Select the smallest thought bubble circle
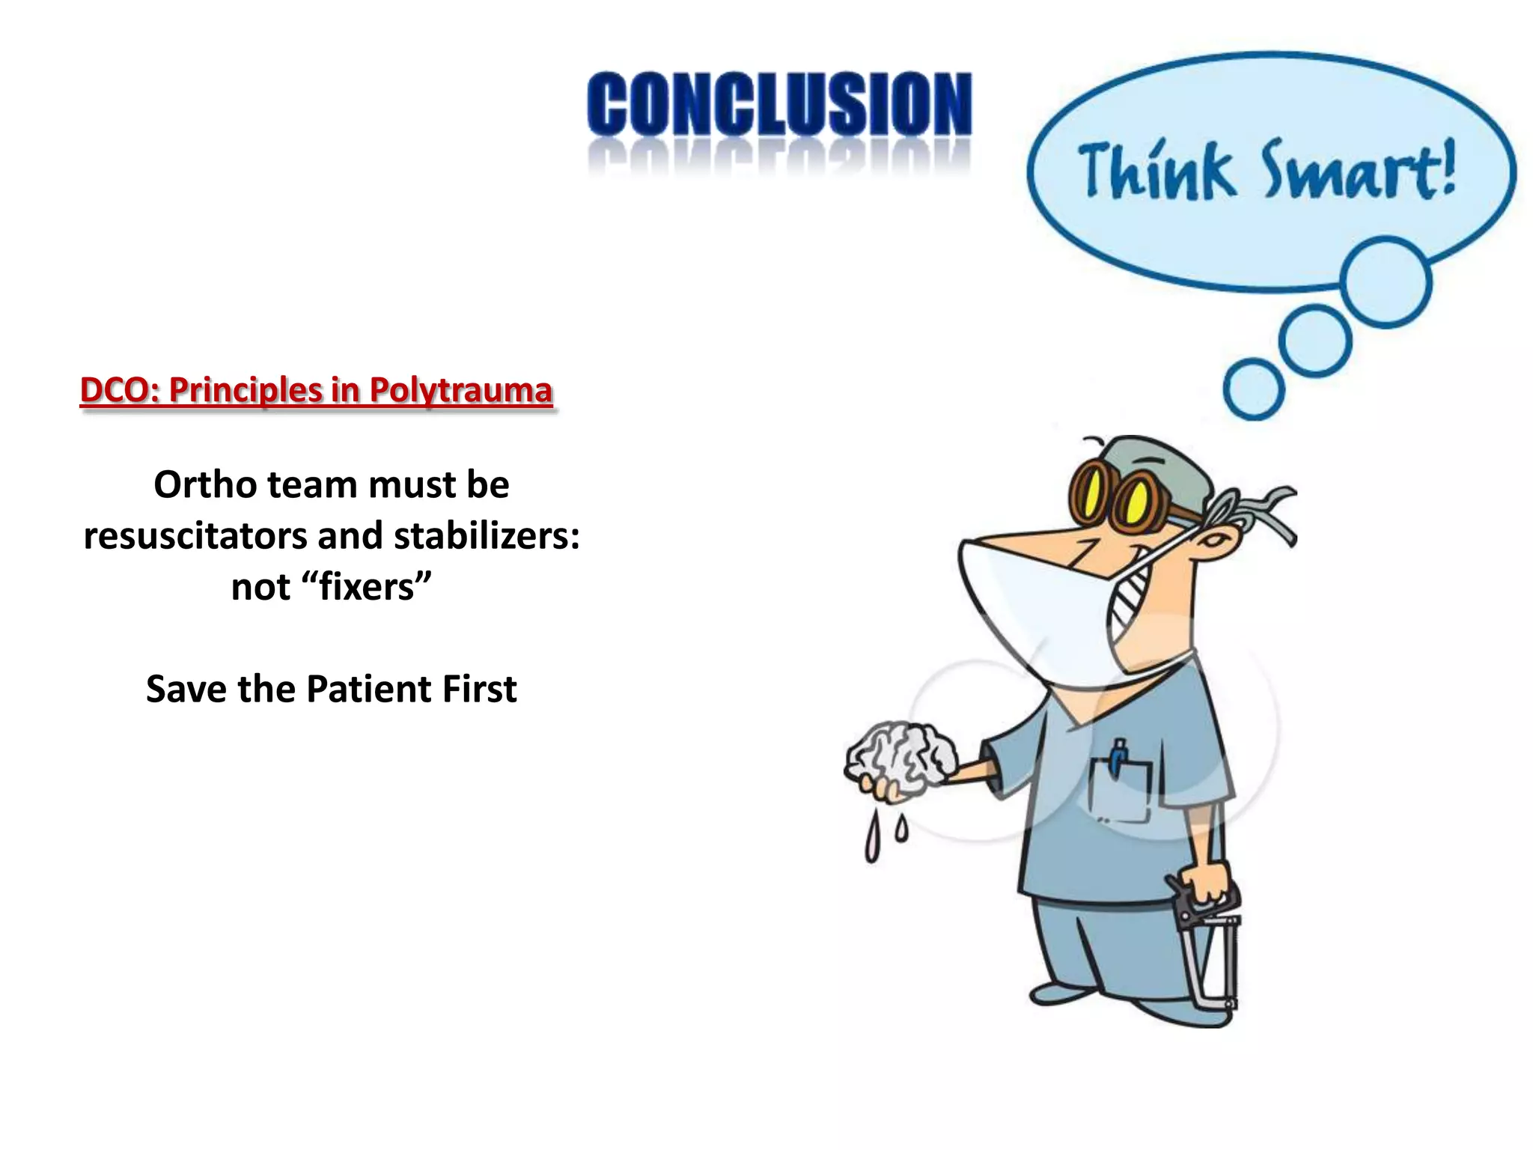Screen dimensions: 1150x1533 tap(1254, 389)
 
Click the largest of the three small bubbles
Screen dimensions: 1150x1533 tap(1386, 282)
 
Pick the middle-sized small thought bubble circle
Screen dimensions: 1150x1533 tap(1314, 341)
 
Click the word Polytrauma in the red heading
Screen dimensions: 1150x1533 tap(460, 390)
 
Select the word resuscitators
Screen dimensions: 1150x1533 tap(195, 536)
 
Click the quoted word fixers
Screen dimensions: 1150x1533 tap(366, 587)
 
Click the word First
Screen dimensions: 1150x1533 tap(479, 689)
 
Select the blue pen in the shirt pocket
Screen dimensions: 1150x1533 tap(1118, 756)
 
